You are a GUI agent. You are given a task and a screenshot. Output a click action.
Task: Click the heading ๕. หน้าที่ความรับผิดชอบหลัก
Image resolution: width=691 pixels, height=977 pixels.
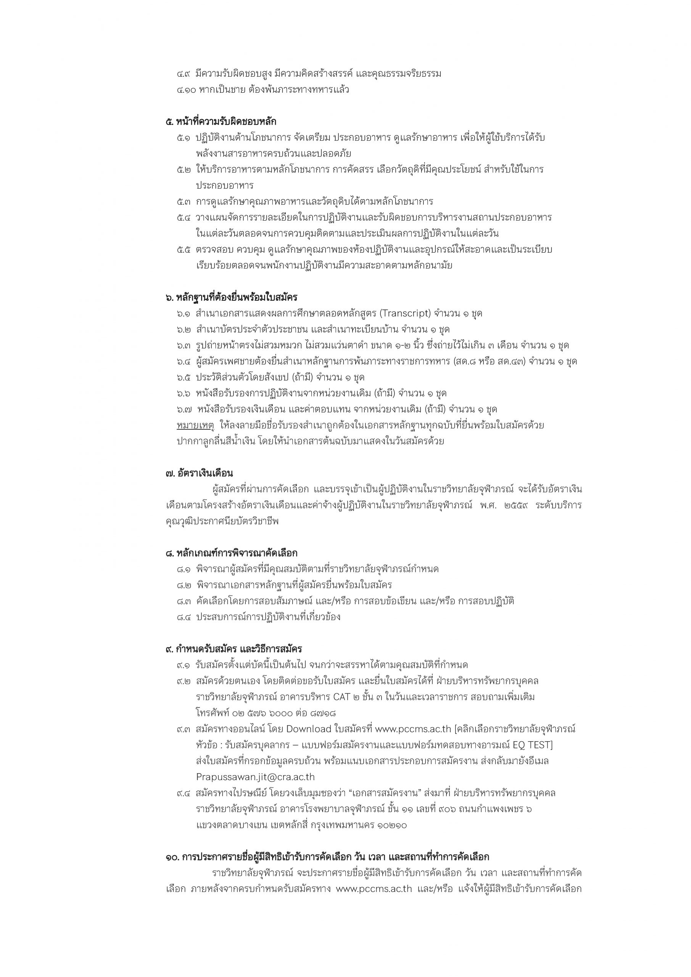point(221,122)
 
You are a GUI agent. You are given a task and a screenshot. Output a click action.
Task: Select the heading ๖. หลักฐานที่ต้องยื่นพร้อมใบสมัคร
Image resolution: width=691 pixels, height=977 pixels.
point(232,297)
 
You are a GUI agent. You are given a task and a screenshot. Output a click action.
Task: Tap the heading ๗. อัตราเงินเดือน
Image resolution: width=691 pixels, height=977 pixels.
point(199,473)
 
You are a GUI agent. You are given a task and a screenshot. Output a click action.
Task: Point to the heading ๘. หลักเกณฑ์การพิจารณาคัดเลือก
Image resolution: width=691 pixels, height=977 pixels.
point(232,553)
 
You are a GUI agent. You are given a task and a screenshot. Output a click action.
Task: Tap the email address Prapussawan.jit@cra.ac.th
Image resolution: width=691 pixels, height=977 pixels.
point(255,777)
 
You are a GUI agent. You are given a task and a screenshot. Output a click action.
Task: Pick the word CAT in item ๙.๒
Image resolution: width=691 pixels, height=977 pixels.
point(354,697)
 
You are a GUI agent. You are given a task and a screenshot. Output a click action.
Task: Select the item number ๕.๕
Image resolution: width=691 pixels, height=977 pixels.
point(184,250)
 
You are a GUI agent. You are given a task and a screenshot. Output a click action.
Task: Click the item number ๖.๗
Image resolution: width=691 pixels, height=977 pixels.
point(184,410)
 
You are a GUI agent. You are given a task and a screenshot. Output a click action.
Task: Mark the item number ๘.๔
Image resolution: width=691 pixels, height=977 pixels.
point(184,617)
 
